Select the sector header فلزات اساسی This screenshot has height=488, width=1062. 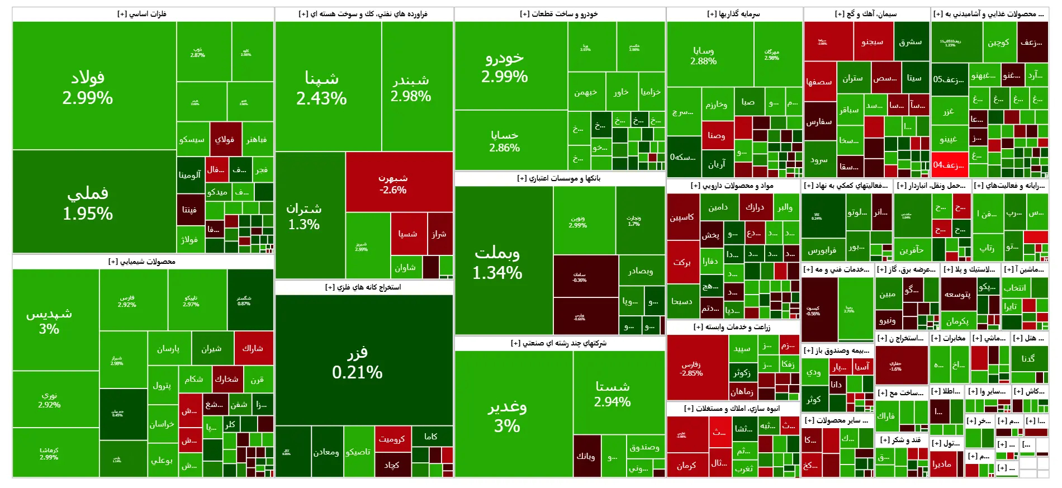coord(142,14)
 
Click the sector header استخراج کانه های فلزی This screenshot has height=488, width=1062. coord(363,287)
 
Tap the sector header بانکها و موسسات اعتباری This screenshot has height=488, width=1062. coord(559,178)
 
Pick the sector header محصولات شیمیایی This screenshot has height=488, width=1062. coord(142,262)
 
